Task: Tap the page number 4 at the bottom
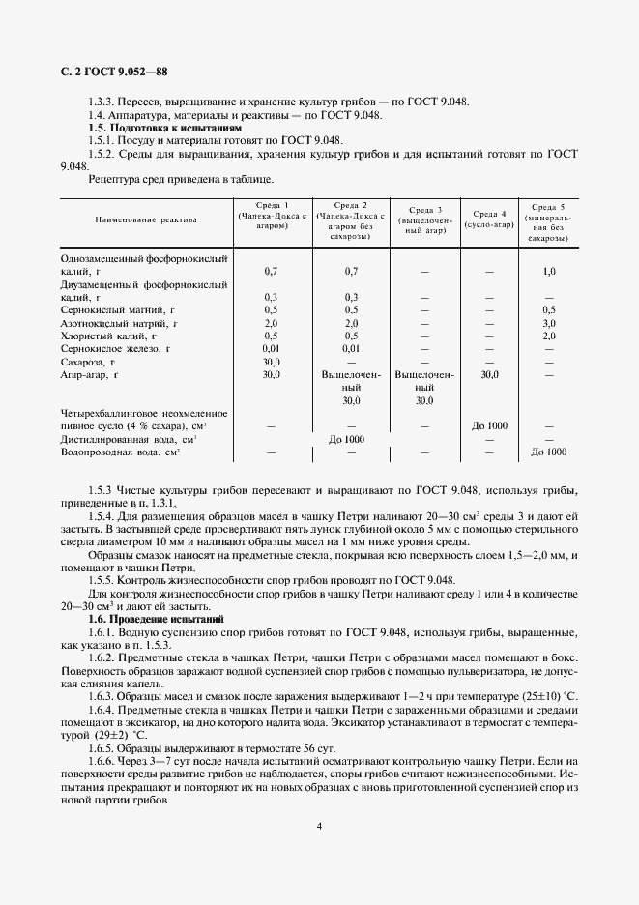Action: click(x=320, y=826)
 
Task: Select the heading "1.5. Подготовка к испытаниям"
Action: click(x=164, y=128)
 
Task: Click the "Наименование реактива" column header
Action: click(x=146, y=220)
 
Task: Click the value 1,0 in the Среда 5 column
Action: click(x=548, y=272)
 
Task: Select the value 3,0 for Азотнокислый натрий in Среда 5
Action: click(x=548, y=322)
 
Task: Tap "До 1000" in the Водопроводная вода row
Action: click(x=548, y=452)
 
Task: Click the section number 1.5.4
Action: click(x=103, y=515)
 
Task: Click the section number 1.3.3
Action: click(x=103, y=102)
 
